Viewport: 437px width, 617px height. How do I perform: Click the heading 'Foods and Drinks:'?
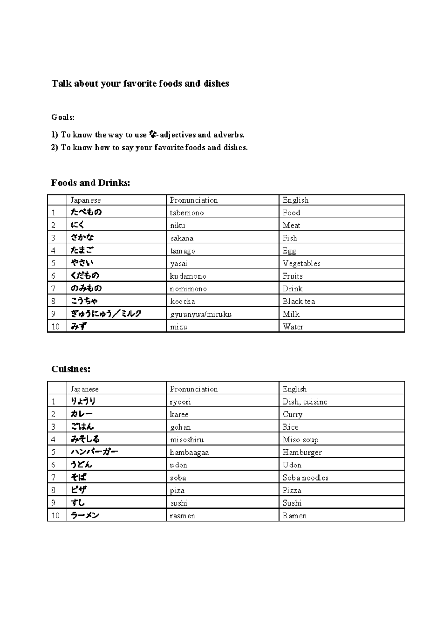pyautogui.click(x=90, y=183)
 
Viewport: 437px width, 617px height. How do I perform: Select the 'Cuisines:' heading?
pyautogui.click(x=71, y=369)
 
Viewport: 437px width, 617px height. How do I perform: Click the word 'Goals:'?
pyautogui.click(x=63, y=117)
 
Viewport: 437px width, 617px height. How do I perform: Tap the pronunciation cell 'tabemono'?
pyautogui.click(x=187, y=213)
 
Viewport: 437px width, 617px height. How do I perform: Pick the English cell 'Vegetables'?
pyautogui.click(x=302, y=263)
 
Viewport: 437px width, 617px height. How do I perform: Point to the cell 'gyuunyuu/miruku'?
pyautogui.click(x=201, y=314)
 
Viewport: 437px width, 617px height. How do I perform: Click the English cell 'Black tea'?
pyautogui.click(x=299, y=301)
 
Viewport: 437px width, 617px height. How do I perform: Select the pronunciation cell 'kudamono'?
pyautogui.click(x=188, y=276)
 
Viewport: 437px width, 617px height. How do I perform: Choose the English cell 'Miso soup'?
pyautogui.click(x=300, y=440)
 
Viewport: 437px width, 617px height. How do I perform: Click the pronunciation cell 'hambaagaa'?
pyautogui.click(x=189, y=453)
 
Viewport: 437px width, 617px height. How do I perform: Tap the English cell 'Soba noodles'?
pyautogui.click(x=306, y=478)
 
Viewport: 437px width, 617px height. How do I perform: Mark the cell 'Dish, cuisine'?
pyautogui.click(x=305, y=402)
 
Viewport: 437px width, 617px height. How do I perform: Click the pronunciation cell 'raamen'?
pyautogui.click(x=182, y=516)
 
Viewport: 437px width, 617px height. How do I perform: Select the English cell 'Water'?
pyautogui.click(x=293, y=327)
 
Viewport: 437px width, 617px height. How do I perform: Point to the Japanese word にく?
pyautogui.click(x=78, y=225)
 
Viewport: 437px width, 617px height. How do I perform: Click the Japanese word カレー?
pyautogui.click(x=82, y=414)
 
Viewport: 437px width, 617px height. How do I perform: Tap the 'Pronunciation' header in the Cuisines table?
pyautogui.click(x=194, y=389)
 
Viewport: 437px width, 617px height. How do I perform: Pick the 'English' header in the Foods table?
pyautogui.click(x=295, y=200)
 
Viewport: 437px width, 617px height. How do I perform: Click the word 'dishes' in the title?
pyautogui.click(x=216, y=84)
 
